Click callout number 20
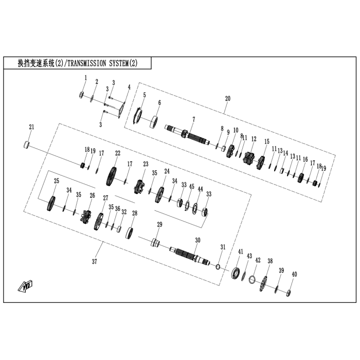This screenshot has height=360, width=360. (x=228, y=98)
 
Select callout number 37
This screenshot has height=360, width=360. (x=94, y=262)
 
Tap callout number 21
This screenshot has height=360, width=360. (x=31, y=127)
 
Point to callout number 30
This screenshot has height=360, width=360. (x=197, y=240)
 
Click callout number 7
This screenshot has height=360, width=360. (x=193, y=119)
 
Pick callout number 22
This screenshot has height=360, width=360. (x=118, y=153)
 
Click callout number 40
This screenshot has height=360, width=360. (x=294, y=274)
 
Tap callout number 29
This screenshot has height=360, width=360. (x=159, y=224)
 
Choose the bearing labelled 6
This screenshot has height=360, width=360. (x=153, y=122)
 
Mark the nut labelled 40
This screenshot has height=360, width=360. (x=289, y=293)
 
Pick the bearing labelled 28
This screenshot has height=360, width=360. (x=131, y=232)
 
